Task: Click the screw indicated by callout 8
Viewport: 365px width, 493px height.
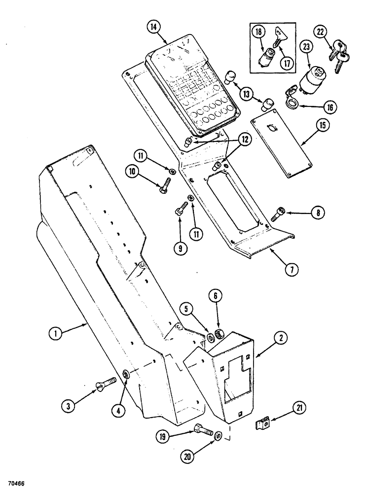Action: [276, 214]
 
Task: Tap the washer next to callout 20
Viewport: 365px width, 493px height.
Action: [218, 436]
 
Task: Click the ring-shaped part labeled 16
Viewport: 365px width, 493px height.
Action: [292, 104]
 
